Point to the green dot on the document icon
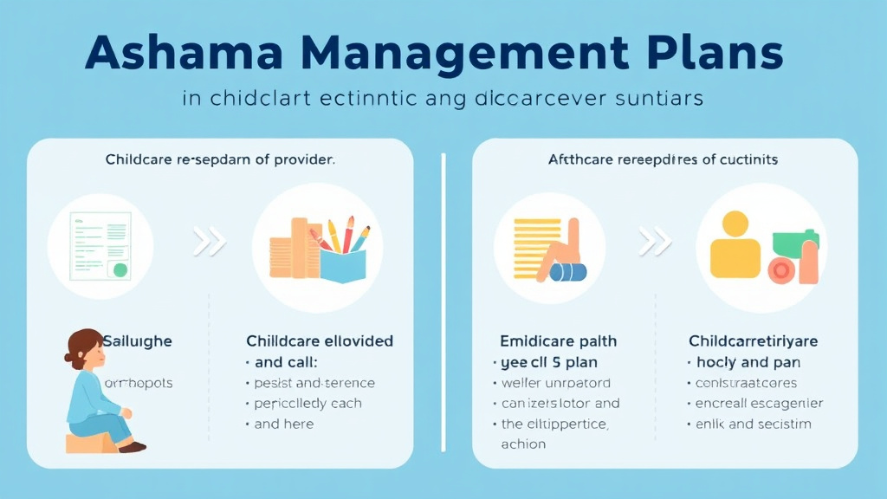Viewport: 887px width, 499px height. tap(120, 269)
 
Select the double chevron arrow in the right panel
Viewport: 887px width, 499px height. tap(653, 243)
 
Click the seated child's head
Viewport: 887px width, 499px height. tap(84, 349)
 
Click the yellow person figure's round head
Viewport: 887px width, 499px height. tap(735, 224)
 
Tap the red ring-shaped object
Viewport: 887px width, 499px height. tap(782, 270)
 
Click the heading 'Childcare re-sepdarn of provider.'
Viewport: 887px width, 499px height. tap(220, 159)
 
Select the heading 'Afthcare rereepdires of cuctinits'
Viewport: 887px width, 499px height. tap(663, 159)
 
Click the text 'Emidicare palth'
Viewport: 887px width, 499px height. tap(558, 340)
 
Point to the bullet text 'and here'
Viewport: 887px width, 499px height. tap(284, 424)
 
